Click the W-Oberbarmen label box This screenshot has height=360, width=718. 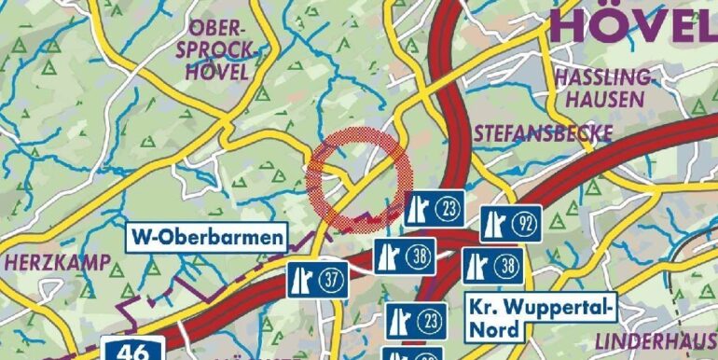point(206,237)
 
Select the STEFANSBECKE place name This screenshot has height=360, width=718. point(544,133)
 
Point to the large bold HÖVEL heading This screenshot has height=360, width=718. point(633,25)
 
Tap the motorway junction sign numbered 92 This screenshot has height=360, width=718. point(511,223)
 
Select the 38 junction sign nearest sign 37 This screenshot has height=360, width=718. point(405,256)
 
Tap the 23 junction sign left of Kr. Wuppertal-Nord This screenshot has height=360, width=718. point(412,321)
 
